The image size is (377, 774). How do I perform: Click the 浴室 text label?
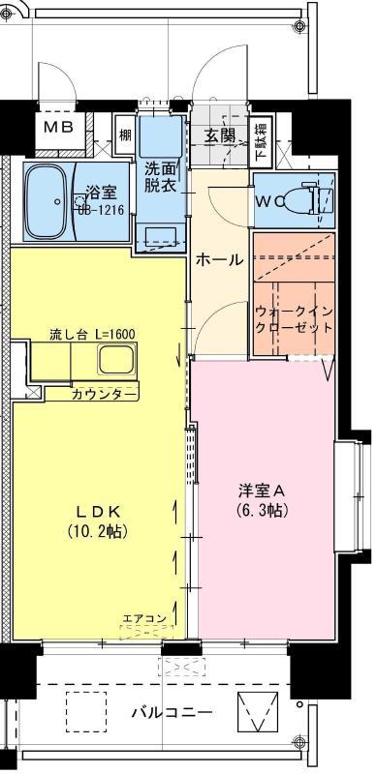[100, 191]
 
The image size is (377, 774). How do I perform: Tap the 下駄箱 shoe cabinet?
[263, 140]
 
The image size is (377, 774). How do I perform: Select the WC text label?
[268, 201]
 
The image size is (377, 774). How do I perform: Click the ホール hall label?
[219, 259]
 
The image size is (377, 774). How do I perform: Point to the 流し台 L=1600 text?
[92, 334]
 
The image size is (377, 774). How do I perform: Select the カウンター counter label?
[104, 393]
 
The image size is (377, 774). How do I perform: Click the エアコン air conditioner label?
[145, 617]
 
